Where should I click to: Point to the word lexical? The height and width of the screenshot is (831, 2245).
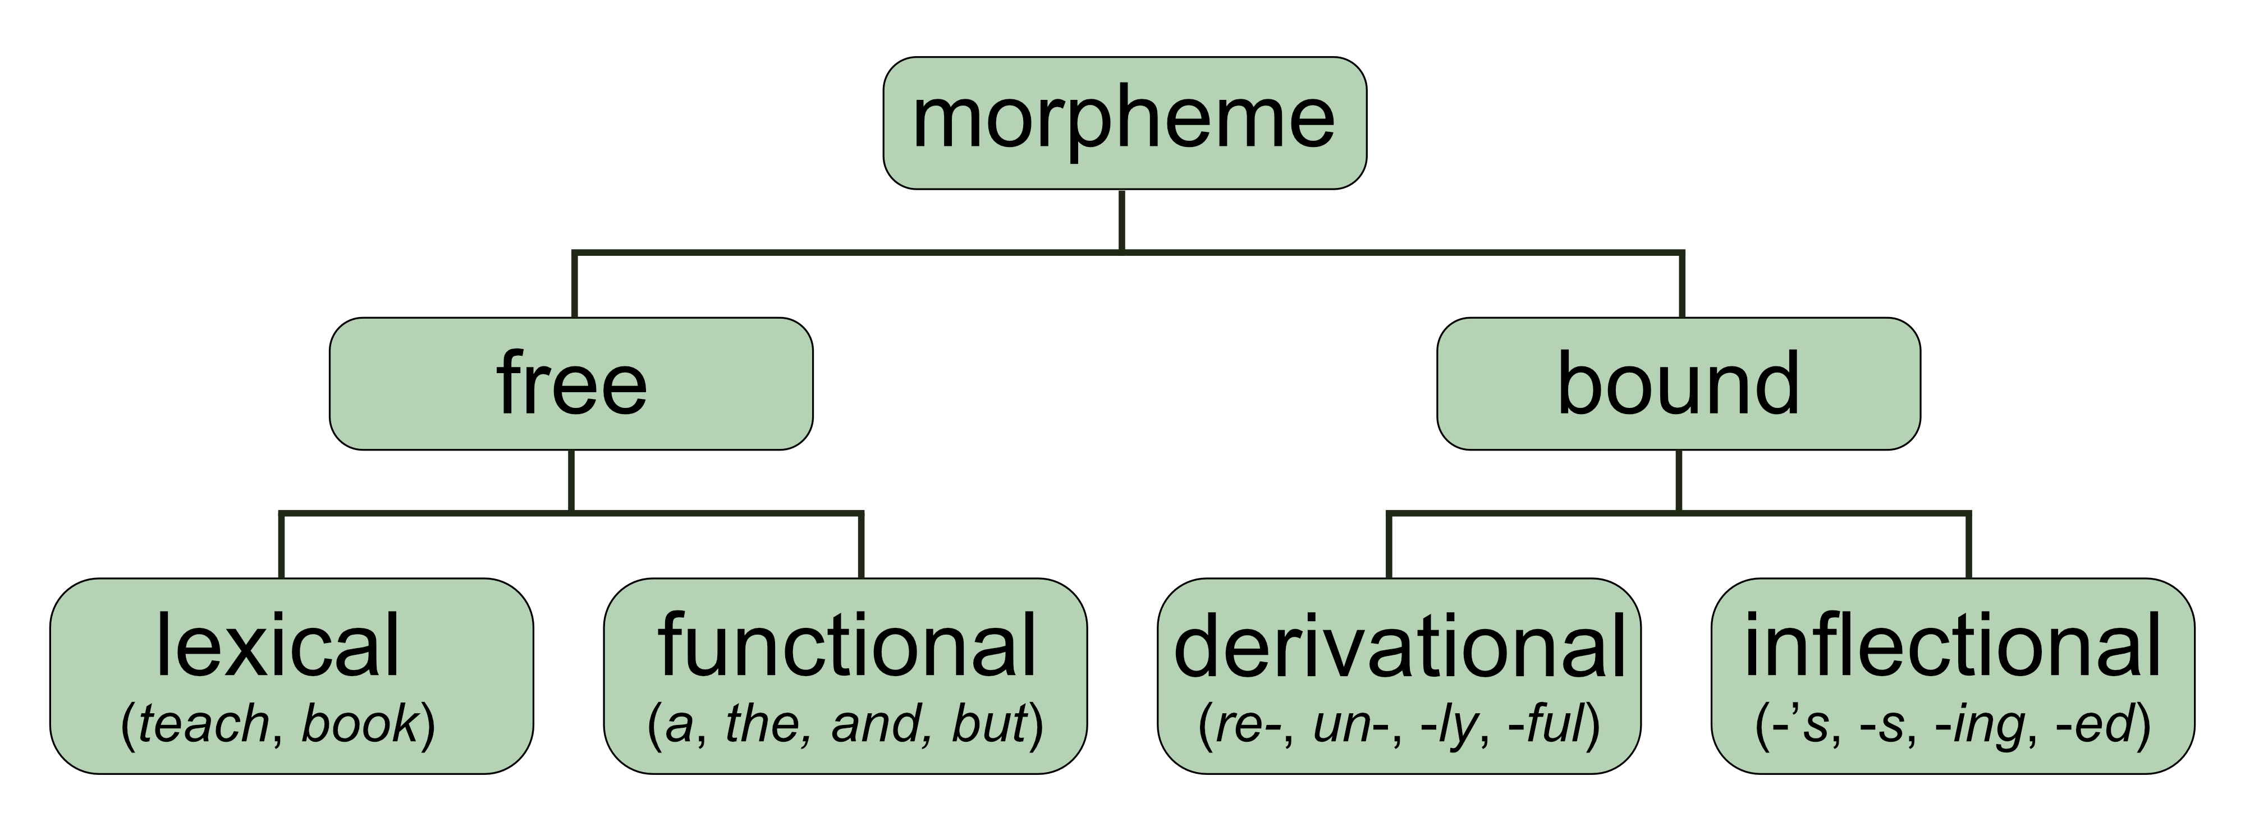pos(277,645)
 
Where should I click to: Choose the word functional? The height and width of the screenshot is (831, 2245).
pos(846,645)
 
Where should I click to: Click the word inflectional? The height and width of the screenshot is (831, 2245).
pos(1952,645)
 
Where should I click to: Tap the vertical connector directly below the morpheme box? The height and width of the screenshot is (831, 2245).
pos(1121,219)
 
